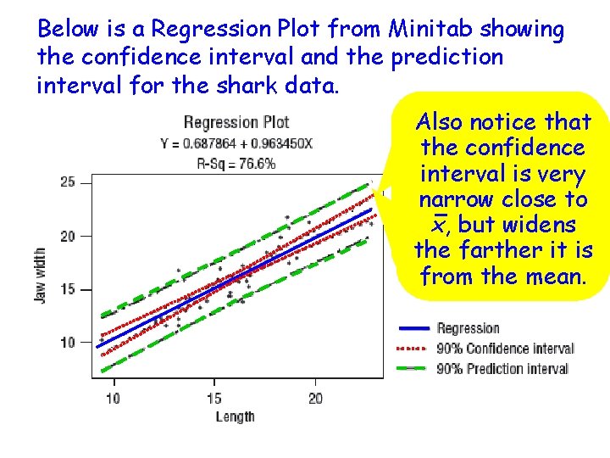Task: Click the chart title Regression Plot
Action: [x=236, y=123]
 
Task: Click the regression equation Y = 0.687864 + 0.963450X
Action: [x=236, y=143]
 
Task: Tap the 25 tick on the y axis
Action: [x=67, y=182]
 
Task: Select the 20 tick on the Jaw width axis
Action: [x=67, y=236]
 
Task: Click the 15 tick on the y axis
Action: [x=67, y=289]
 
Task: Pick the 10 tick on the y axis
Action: [x=67, y=342]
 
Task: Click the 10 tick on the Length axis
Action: [x=113, y=398]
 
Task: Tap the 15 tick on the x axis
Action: [x=213, y=398]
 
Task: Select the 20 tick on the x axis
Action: [x=315, y=398]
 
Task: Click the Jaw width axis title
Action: [x=41, y=276]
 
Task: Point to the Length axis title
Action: [x=235, y=416]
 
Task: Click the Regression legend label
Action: [x=468, y=328]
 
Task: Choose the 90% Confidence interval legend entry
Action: [x=505, y=349]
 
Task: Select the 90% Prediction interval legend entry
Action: [x=502, y=369]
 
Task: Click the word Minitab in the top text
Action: [x=431, y=30]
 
